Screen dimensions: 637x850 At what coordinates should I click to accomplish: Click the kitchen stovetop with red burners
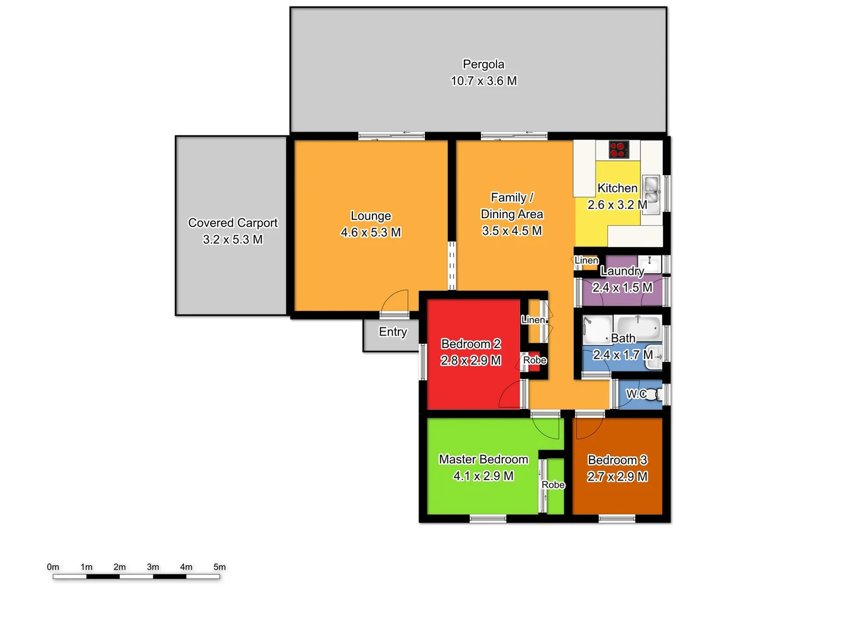(618, 149)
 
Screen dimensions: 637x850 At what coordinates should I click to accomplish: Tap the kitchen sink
(651, 190)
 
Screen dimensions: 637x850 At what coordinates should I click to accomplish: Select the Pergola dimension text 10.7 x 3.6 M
(484, 81)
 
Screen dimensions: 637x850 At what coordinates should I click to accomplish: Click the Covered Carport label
(233, 223)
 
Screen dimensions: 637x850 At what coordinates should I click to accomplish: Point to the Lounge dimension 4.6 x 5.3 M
(371, 232)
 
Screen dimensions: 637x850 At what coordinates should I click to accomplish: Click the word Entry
(393, 332)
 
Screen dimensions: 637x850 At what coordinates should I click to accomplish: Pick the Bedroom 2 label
(471, 344)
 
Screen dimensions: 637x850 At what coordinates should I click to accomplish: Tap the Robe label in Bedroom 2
(535, 360)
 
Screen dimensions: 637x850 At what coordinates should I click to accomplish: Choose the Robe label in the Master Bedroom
(553, 485)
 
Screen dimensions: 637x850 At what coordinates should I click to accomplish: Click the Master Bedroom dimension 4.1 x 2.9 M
(483, 476)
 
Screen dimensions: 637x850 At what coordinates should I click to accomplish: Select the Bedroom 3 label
(617, 460)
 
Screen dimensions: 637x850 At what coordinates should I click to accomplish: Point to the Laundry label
(622, 271)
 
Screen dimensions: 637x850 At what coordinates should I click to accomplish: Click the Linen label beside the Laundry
(586, 260)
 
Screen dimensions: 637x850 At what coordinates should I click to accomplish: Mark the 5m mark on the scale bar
(220, 576)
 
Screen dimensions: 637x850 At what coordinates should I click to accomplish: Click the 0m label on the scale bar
(53, 567)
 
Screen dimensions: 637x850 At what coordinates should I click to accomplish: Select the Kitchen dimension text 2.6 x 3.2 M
(617, 205)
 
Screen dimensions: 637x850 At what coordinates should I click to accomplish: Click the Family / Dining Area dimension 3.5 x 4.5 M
(512, 231)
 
